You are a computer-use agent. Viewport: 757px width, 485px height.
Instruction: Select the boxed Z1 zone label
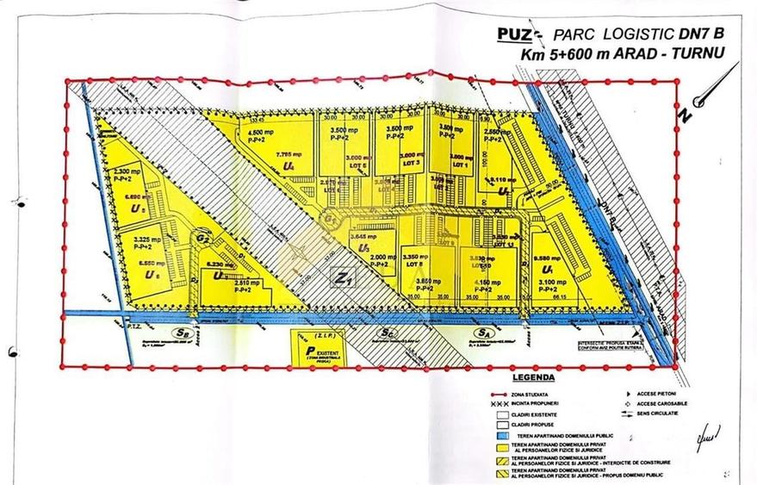(x=344, y=278)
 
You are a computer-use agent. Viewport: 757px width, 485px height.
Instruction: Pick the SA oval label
(x=482, y=333)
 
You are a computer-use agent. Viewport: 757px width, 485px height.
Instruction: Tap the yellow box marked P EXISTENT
(x=313, y=346)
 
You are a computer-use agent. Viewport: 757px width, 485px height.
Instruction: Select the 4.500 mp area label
(x=261, y=121)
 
